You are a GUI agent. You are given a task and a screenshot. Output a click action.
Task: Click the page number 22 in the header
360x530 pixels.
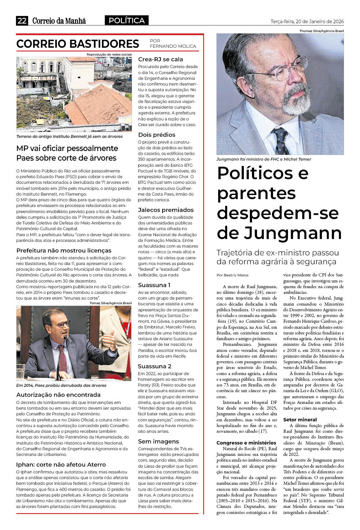pyautogui.click(x=22, y=21)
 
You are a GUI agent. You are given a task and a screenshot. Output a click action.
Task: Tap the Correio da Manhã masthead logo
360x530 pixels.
pyautogui.click(x=59, y=21)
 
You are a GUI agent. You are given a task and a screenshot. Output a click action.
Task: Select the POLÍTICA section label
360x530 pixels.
pyautogui.click(x=127, y=21)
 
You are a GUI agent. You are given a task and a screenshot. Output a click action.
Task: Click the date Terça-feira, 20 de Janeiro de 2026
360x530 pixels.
pyautogui.click(x=307, y=21)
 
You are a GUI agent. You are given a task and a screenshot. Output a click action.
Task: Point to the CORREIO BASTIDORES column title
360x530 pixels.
pyautogui.click(x=78, y=44)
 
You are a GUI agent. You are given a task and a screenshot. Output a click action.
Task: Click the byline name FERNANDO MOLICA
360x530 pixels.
pyautogui.click(x=173, y=46)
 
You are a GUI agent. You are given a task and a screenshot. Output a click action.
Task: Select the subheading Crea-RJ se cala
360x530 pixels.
pyautogui.click(x=160, y=59)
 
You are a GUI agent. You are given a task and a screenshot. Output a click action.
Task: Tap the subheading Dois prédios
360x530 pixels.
pyautogui.click(x=156, y=135)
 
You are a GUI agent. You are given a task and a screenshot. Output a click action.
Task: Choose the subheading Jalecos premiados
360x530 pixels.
pyautogui.click(x=166, y=210)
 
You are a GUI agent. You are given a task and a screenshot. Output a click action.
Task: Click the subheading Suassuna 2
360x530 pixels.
pyautogui.click(x=154, y=366)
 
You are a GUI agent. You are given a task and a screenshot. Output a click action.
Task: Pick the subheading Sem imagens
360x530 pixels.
pyautogui.click(x=158, y=441)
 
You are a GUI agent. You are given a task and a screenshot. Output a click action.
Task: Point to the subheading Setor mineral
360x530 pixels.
pyautogui.click(x=300, y=420)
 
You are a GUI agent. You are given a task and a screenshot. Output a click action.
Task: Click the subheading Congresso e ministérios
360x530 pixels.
pyautogui.click(x=246, y=443)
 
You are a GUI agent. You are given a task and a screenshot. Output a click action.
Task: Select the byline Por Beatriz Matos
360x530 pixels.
pyautogui.click(x=232, y=275)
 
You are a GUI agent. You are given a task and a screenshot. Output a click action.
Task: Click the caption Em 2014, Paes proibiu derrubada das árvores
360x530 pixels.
pyautogui.click(x=61, y=385)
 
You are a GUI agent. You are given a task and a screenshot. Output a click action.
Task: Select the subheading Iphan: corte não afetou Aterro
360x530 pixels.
pyautogui.click(x=61, y=464)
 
